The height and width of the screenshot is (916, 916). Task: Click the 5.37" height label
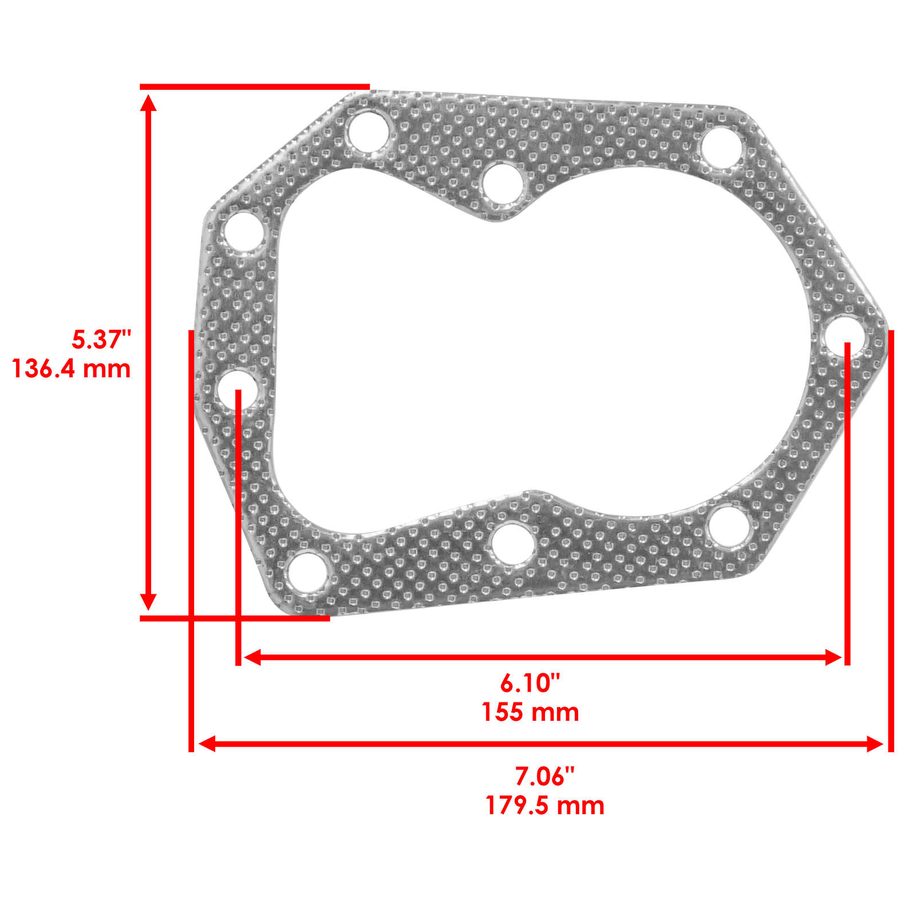[x=101, y=339]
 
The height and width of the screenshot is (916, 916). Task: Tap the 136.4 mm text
[x=72, y=368]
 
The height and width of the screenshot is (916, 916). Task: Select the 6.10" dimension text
[x=530, y=683]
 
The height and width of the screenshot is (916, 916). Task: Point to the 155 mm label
[x=530, y=712]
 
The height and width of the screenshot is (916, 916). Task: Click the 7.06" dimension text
[x=544, y=776]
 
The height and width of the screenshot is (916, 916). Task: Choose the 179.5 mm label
[x=544, y=806]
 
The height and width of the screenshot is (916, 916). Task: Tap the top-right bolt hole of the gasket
[x=722, y=148]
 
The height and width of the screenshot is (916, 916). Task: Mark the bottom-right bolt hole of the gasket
[x=730, y=526]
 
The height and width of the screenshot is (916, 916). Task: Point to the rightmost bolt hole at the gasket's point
[x=845, y=336]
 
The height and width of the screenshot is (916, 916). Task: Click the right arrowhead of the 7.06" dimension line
[x=875, y=744]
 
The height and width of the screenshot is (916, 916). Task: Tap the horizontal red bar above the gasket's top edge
[x=255, y=87]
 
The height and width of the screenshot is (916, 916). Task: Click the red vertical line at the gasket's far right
[x=891, y=538]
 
